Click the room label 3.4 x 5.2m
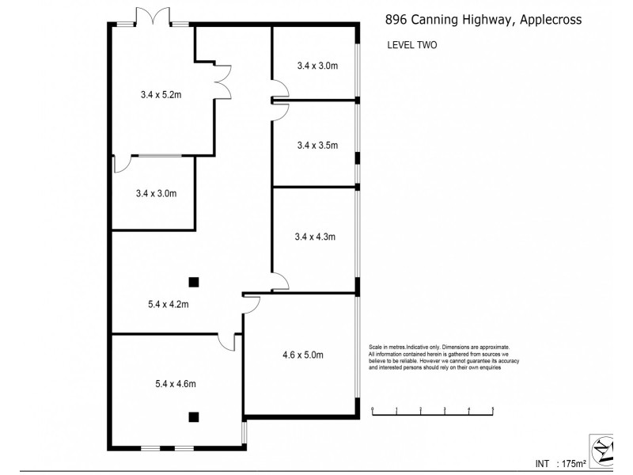pyautogui.click(x=161, y=95)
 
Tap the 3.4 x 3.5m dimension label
pyautogui.click(x=317, y=145)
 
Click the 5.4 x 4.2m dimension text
pyautogui.click(x=168, y=303)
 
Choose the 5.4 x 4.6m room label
pyautogui.click(x=175, y=384)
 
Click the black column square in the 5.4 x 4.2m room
pyautogui.click(x=193, y=281)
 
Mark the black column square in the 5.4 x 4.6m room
pyautogui.click(x=193, y=416)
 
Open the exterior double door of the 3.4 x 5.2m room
pyautogui.click(x=152, y=16)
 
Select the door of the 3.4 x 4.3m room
pyautogui.click(x=280, y=279)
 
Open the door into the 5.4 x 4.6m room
pyautogui.click(x=226, y=341)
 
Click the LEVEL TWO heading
pyautogui.click(x=411, y=45)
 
